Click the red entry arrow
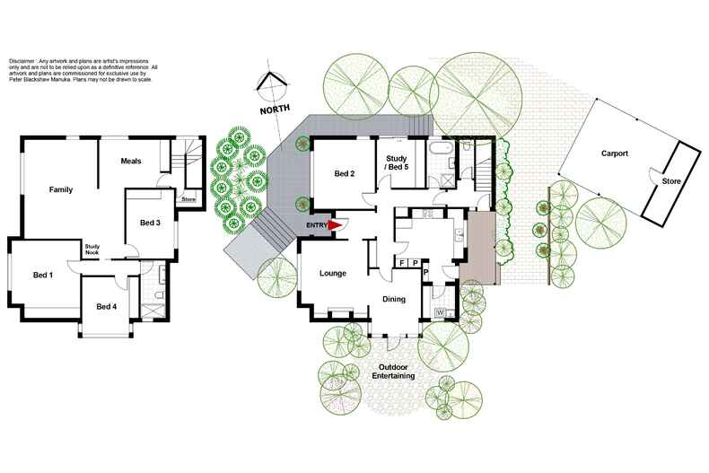point(335,224)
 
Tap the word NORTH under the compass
point(275,109)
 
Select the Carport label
point(615,153)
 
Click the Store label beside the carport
point(671,181)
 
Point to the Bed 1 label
point(43,275)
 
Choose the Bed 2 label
point(345,173)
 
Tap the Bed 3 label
point(150,223)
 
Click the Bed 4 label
point(107,307)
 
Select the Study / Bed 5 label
point(397,162)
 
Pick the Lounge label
point(333,273)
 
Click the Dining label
point(394,299)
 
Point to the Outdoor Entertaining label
point(393,372)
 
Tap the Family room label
point(61,189)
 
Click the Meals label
point(131,161)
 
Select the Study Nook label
point(92,250)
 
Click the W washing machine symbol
point(440,313)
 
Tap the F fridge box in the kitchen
point(401,263)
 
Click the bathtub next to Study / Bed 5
point(440,148)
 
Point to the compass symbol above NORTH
point(272,85)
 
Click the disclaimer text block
point(83,70)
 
